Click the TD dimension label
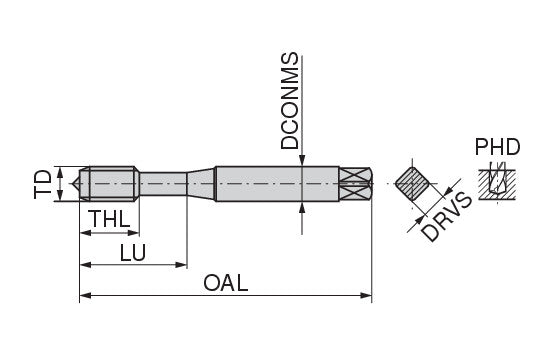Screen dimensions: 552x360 pyautogui.click(x=43, y=184)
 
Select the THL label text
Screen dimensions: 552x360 pyautogui.click(x=111, y=219)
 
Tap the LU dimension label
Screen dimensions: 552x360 pyautogui.click(x=132, y=252)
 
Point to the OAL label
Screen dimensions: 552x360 pyautogui.click(x=226, y=283)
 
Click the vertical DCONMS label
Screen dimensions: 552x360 pyautogui.click(x=289, y=101)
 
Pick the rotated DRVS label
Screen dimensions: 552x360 pyautogui.click(x=446, y=217)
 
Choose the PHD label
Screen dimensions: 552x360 pyautogui.click(x=497, y=147)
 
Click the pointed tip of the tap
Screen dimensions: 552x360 pyautogui.click(x=73, y=184)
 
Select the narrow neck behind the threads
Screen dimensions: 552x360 pyautogui.click(x=163, y=184)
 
